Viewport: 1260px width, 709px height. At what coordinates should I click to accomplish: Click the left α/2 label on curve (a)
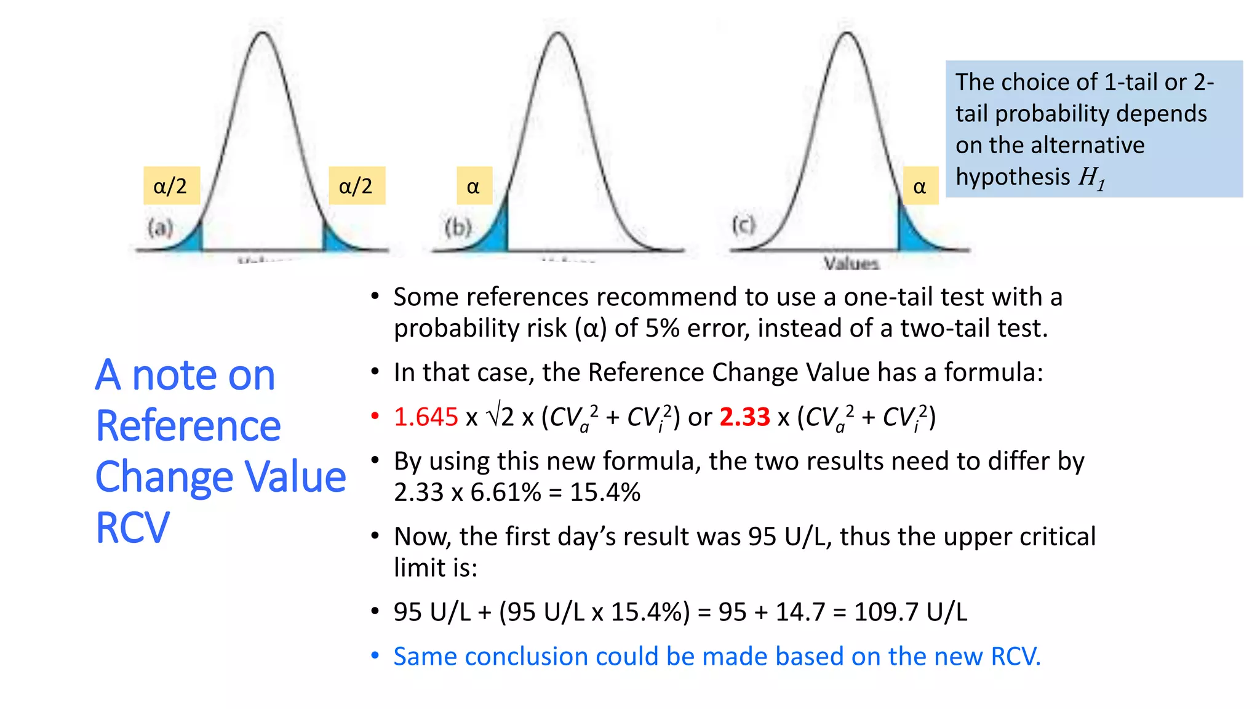171,185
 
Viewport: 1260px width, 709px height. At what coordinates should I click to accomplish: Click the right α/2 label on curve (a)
356,185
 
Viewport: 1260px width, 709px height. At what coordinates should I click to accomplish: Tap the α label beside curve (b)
474,186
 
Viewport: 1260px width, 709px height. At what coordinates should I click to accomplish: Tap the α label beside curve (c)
920,186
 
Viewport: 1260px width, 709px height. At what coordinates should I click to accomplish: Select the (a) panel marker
161,228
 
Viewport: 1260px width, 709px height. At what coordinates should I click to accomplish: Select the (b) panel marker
458,228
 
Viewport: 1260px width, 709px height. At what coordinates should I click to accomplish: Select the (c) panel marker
743,225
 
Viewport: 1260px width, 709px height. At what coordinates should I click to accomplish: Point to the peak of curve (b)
558,33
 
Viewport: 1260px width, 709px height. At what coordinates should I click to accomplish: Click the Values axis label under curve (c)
851,263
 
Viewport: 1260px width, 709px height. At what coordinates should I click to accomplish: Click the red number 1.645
426,417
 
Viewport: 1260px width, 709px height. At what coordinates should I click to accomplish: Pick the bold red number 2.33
744,417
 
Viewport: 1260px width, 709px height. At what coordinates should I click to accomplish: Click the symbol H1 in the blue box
1092,178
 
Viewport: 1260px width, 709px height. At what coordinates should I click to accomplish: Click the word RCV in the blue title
132,528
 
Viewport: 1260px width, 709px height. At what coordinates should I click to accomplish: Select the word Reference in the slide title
188,426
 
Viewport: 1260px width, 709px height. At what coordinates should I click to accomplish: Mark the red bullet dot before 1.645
375,417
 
